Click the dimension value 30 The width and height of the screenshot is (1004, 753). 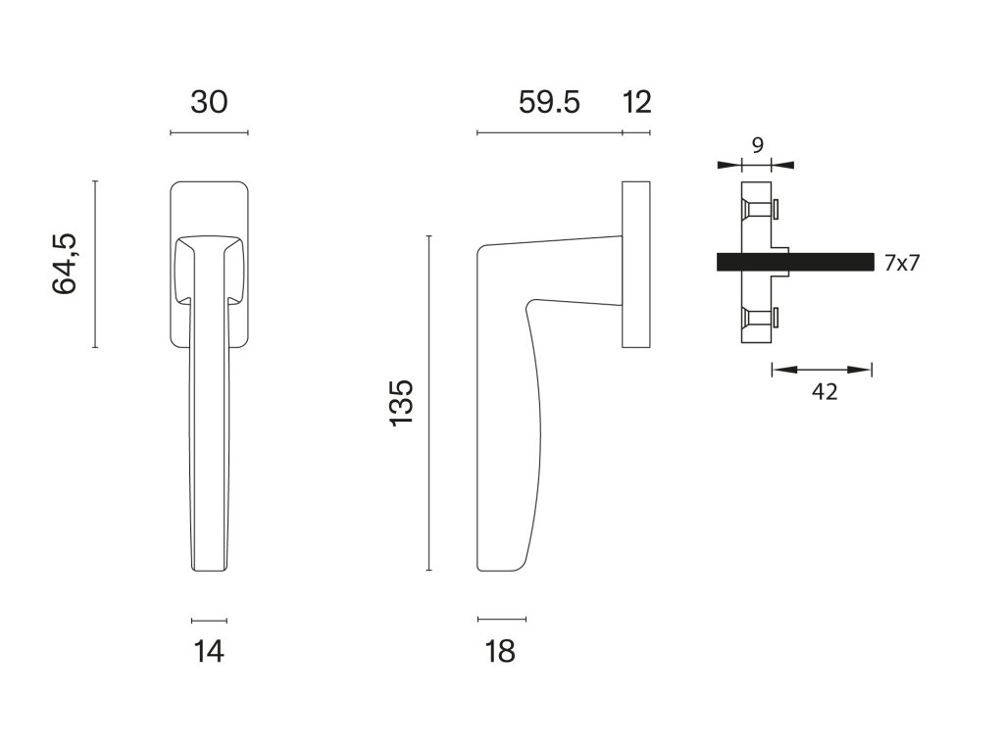(209, 102)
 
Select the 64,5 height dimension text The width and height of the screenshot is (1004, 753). (64, 264)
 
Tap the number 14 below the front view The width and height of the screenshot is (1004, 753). (209, 652)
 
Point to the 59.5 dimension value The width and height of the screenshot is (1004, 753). (549, 102)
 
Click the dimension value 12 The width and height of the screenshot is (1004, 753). (637, 102)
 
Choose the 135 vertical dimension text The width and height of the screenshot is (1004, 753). (402, 403)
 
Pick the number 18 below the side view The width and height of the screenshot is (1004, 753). (500, 652)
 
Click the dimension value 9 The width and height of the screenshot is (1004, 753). (758, 145)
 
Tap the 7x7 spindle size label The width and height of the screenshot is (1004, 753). (902, 263)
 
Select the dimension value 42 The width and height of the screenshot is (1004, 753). (825, 391)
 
